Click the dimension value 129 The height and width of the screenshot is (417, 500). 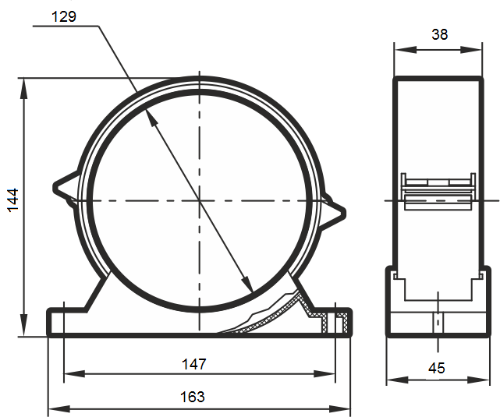point(64,16)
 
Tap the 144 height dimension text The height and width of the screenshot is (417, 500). point(13,200)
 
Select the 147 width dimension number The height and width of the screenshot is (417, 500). point(194,364)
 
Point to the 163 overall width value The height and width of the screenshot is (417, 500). point(193,397)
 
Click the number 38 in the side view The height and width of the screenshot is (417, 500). point(440,34)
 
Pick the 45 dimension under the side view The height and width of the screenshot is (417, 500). point(437,368)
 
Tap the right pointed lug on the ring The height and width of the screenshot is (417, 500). point(333,211)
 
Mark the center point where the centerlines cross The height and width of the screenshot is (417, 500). point(200,200)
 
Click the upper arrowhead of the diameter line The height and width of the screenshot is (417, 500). point(151,118)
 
